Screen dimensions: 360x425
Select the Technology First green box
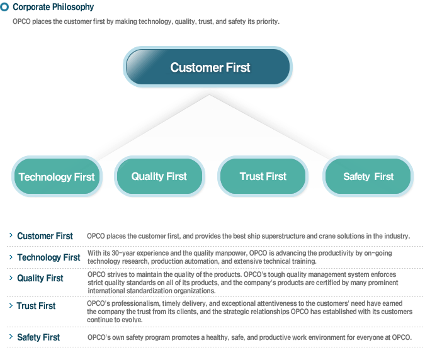pos(56,177)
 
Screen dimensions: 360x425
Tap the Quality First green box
pos(159,176)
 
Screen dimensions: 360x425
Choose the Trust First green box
pos(263,176)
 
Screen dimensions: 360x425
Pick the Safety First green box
pos(368,176)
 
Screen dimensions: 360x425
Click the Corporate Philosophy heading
pos(53,7)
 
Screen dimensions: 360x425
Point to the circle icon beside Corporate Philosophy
pos(5,7)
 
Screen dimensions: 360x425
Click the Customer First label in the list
pos(45,236)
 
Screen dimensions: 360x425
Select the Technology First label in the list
pos(48,257)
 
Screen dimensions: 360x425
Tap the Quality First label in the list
pos(40,278)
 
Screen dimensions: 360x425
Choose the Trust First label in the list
pos(36,306)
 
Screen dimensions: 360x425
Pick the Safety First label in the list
pos(38,337)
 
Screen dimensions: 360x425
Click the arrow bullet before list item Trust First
pos(11,305)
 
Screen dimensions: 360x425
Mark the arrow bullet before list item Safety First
pos(11,337)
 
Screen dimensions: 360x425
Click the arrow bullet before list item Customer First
pos(11,235)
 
